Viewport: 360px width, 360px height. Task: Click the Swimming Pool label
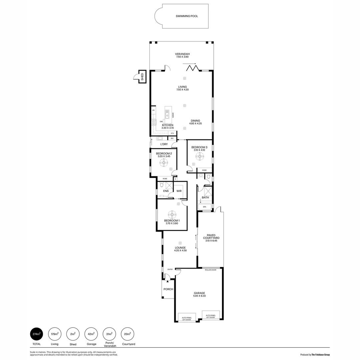coord(187,16)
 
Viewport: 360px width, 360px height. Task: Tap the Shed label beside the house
coord(142,77)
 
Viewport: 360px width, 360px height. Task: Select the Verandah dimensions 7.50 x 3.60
coord(182,57)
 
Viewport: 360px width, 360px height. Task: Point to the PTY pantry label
coord(172,133)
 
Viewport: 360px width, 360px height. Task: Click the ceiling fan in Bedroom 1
coord(172,214)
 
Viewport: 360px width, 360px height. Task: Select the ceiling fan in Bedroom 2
coord(164,163)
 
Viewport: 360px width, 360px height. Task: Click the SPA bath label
coord(204,207)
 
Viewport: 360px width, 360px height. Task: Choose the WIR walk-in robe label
coord(179,191)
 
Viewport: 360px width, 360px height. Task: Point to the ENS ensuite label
coord(166,191)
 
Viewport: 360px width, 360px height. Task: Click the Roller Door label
coord(210,270)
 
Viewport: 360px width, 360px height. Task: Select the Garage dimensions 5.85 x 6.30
coord(200,296)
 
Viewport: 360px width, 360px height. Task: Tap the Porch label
coord(168,289)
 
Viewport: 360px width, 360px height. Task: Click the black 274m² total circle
coord(37,333)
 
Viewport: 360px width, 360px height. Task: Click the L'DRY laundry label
coord(164,144)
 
